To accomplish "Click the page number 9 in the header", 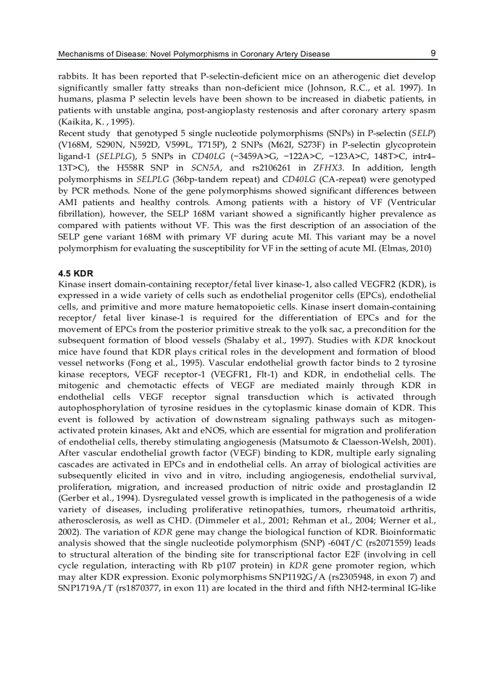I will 433,53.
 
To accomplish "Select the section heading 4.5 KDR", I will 76,273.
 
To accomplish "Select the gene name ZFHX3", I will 329,168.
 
